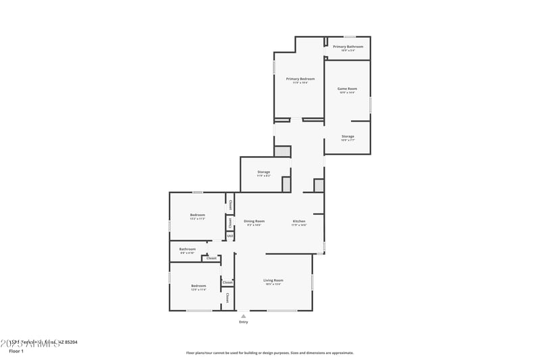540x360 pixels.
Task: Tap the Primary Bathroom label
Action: pyautogui.click(x=348, y=47)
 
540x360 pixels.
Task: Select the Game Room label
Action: pyautogui.click(x=347, y=88)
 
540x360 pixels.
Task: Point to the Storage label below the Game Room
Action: pyautogui.click(x=348, y=136)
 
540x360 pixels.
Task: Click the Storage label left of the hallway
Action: pyautogui.click(x=263, y=172)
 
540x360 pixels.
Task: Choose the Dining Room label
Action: pyautogui.click(x=254, y=222)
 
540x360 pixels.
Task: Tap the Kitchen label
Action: pyautogui.click(x=299, y=222)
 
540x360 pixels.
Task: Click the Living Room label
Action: pyautogui.click(x=273, y=280)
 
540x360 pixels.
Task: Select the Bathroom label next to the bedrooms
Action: pyautogui.click(x=188, y=249)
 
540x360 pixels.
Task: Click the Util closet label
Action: pyautogui.click(x=230, y=236)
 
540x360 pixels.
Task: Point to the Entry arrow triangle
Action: pyautogui.click(x=244, y=315)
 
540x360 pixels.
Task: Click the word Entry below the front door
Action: pyautogui.click(x=244, y=322)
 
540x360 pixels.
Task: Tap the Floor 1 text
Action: pyautogui.click(x=16, y=351)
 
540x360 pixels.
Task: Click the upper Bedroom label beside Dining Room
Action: pyautogui.click(x=197, y=215)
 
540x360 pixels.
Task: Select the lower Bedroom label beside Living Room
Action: pyautogui.click(x=198, y=286)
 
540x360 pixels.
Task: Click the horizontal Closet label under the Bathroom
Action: pyautogui.click(x=211, y=258)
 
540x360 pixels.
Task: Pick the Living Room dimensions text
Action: pyautogui.click(x=273, y=284)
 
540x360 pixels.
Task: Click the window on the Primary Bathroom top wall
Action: pyautogui.click(x=350, y=36)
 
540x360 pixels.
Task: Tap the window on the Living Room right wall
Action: pyautogui.click(x=313, y=282)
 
